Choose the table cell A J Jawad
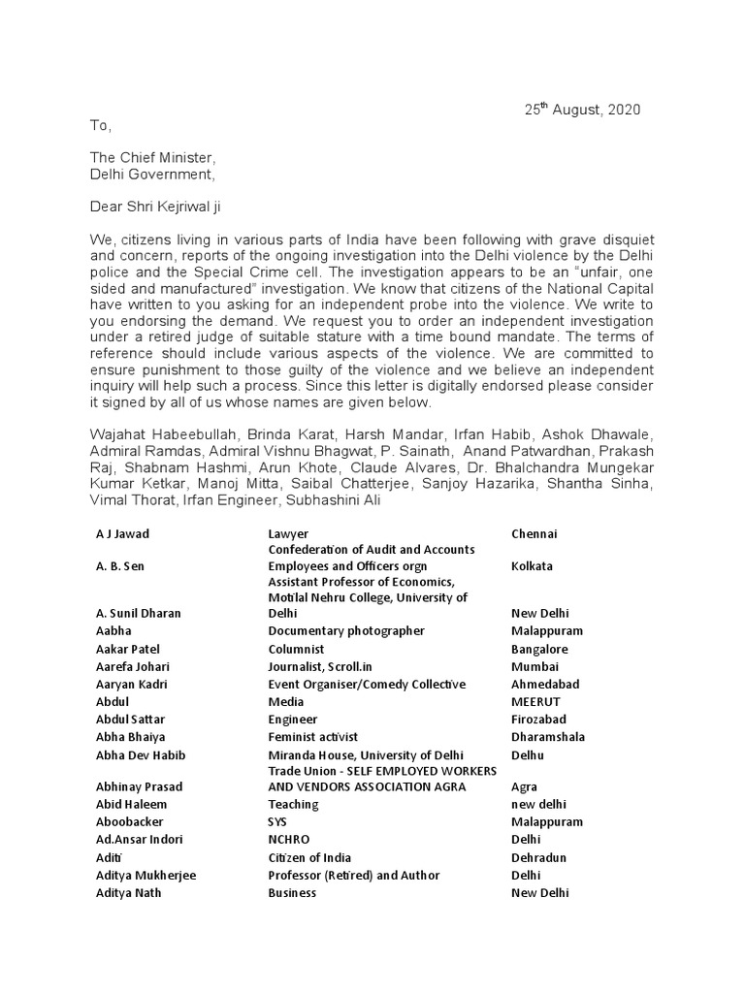(122, 533)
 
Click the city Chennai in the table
(534, 533)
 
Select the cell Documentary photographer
(346, 631)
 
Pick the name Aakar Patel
(128, 649)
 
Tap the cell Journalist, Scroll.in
(329, 666)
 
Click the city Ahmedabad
(544, 684)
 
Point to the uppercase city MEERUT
(535, 701)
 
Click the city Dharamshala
(547, 736)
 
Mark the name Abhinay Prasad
(139, 786)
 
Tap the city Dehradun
(539, 857)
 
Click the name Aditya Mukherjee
(146, 875)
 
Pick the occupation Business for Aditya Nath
(292, 892)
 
